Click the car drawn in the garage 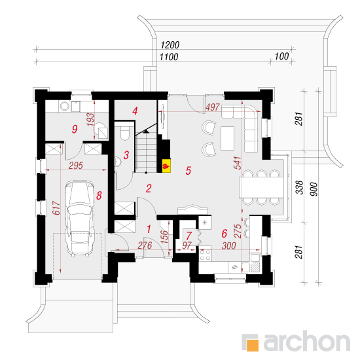(79, 219)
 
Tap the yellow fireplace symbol (166, 166)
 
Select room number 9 (75, 129)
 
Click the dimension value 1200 (170, 45)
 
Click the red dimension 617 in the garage (56, 207)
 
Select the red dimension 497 (213, 107)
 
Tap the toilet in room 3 (125, 133)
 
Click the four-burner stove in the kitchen (205, 255)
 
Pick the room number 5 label (189, 171)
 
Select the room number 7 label (189, 236)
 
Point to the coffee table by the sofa (227, 138)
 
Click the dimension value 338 (299, 187)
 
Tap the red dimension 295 (76, 166)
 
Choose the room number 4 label (135, 111)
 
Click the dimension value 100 (281, 56)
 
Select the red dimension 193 (91, 119)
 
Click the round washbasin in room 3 (118, 162)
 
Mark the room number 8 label (99, 196)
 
